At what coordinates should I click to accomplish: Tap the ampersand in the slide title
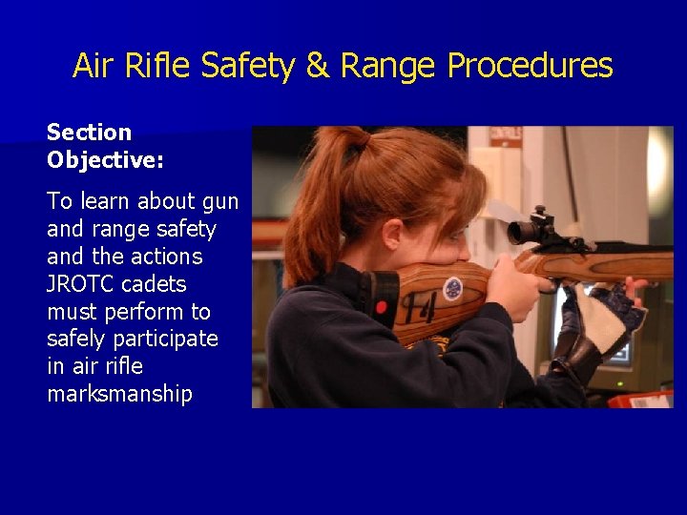click(316, 66)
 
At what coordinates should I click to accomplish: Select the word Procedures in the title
click(531, 66)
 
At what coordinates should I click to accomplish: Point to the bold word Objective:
click(105, 159)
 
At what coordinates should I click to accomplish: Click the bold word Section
click(89, 133)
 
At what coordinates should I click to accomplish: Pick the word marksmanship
click(119, 394)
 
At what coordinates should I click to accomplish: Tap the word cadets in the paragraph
click(156, 284)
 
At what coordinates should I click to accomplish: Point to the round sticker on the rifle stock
click(452, 288)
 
